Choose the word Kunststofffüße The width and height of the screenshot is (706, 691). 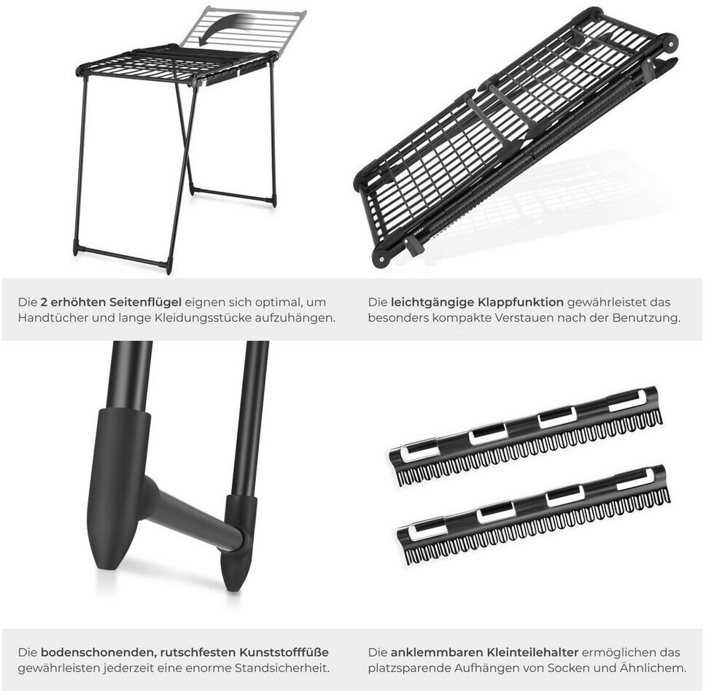284,652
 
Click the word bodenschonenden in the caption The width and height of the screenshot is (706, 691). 98,652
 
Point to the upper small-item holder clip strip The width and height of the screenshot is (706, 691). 525,436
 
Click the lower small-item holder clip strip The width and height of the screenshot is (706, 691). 533,515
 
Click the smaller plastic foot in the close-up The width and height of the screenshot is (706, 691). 238,541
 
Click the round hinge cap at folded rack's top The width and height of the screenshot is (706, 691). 669,43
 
